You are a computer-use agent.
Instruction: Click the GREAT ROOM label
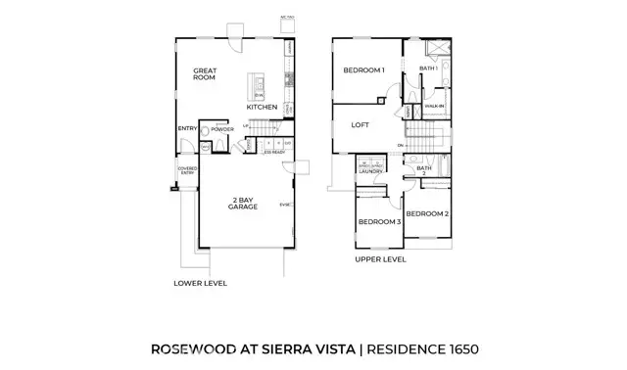[204, 74]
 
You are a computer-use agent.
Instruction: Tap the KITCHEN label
[262, 107]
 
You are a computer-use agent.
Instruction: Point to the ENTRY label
[187, 128]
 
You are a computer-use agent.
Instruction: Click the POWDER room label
[220, 128]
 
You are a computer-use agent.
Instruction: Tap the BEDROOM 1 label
[363, 70]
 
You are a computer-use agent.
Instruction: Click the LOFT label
[362, 124]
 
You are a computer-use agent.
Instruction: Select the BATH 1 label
[427, 68]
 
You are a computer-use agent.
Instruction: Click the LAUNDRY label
[371, 172]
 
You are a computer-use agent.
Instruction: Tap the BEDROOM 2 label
[427, 213]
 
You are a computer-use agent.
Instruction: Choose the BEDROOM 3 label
[379, 222]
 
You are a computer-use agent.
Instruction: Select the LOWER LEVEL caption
[200, 283]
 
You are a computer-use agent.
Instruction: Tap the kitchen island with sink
[257, 88]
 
